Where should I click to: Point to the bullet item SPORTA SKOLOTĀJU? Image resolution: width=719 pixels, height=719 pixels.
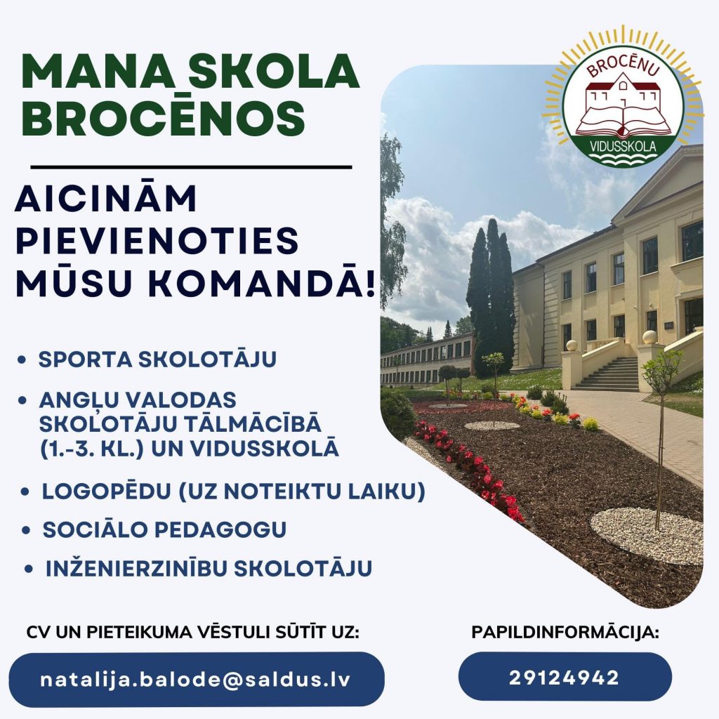[x=157, y=359]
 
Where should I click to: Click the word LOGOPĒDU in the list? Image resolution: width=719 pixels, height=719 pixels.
[x=106, y=491]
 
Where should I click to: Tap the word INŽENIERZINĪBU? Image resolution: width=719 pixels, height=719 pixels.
[x=137, y=568]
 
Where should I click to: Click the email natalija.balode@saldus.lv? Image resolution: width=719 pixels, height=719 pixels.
[x=195, y=679]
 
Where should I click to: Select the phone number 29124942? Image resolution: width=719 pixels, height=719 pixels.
[x=565, y=678]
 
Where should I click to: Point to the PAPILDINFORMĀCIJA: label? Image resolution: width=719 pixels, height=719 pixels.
[x=565, y=633]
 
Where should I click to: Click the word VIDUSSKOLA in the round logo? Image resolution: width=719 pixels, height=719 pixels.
[x=624, y=147]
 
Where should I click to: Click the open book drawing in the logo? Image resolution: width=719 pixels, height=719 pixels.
[x=622, y=122]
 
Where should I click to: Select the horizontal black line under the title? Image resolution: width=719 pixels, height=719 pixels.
[x=191, y=167]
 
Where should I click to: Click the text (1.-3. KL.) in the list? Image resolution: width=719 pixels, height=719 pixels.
[x=92, y=449]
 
